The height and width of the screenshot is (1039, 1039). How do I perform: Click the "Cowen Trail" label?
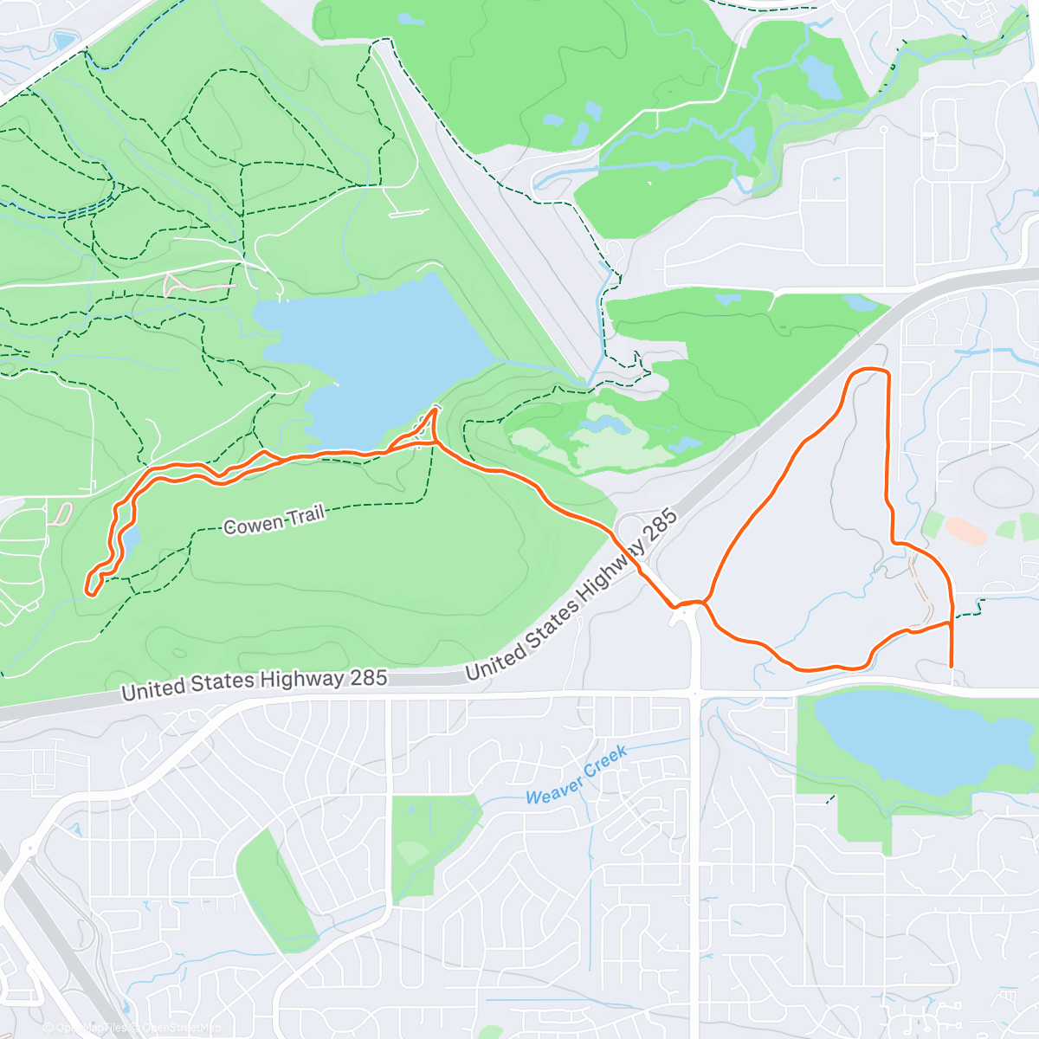pyautogui.click(x=274, y=520)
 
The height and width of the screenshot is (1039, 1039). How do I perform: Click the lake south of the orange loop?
pyautogui.click(x=900, y=740)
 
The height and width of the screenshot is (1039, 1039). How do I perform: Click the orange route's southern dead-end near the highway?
pyautogui.click(x=952, y=665)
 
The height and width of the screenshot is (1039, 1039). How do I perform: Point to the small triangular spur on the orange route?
pyautogui.click(x=428, y=429)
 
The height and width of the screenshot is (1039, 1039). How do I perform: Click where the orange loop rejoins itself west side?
pyautogui.click(x=706, y=601)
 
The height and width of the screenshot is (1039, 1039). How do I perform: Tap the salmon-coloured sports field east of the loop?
pyautogui.click(x=965, y=531)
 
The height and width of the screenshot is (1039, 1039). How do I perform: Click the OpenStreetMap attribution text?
pyautogui.click(x=177, y=1028)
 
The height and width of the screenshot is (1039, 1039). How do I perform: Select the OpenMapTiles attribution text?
pyautogui.click(x=87, y=1028)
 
